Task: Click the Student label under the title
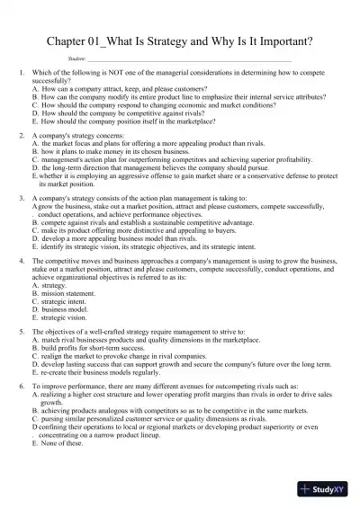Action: click(x=77, y=59)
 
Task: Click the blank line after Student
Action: click(x=180, y=60)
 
